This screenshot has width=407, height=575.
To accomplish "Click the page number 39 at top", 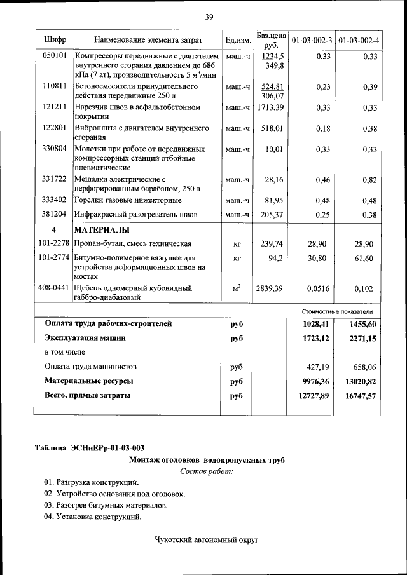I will (x=208, y=16).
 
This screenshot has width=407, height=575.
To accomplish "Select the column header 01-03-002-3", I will (x=312, y=41).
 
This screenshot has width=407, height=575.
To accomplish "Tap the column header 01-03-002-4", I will (x=359, y=41).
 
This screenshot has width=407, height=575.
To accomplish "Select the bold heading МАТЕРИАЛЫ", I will (x=102, y=229).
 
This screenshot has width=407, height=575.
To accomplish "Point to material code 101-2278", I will (x=53, y=243).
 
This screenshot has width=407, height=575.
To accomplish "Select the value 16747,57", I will (x=358, y=395).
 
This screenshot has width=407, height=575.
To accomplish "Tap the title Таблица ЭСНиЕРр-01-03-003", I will (x=93, y=449).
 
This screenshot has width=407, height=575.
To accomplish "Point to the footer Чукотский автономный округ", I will (x=207, y=540).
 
